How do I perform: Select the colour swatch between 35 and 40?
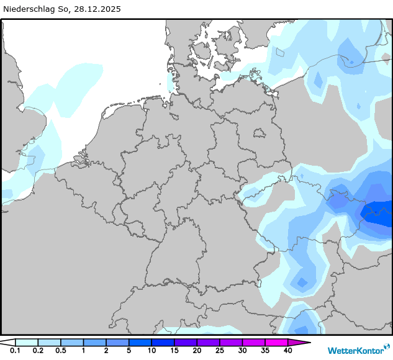point(276,342)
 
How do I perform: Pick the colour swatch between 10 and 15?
point(163,342)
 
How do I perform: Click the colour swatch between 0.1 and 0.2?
point(27,342)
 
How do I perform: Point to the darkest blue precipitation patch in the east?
point(381,214)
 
